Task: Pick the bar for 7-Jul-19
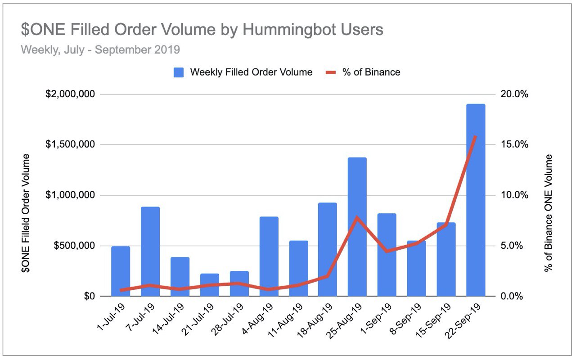click(x=150, y=252)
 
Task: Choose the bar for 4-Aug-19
click(x=269, y=256)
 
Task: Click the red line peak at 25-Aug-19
click(x=357, y=218)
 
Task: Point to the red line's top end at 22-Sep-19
click(x=476, y=136)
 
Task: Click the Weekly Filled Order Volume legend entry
click(x=243, y=72)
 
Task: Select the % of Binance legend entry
click(x=364, y=72)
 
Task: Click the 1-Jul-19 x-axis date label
click(x=111, y=318)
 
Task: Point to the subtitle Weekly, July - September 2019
click(x=100, y=49)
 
